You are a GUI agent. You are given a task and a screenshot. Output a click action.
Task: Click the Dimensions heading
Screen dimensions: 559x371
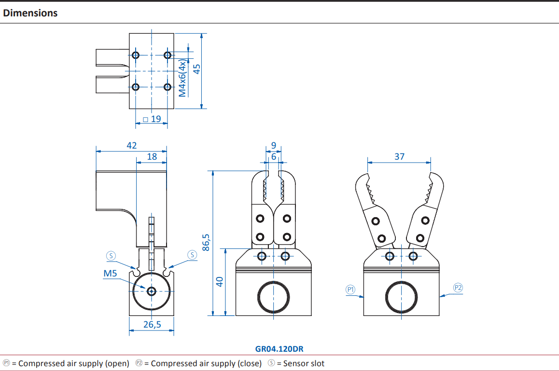(30, 13)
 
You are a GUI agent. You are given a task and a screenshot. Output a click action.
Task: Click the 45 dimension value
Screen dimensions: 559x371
(196, 69)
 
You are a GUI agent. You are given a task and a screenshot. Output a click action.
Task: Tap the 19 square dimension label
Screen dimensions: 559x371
(152, 119)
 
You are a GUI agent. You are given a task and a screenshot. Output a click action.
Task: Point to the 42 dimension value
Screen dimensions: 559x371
(132, 145)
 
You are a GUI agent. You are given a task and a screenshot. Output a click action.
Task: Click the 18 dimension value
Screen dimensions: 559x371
(152, 156)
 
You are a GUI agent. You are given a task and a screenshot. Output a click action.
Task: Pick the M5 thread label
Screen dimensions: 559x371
(110, 274)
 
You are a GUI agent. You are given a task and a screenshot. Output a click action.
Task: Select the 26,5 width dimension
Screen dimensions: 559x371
(152, 324)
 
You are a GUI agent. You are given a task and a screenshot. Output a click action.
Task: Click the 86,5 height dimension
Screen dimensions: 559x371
(206, 242)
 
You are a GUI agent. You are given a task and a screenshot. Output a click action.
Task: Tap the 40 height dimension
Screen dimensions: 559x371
(219, 282)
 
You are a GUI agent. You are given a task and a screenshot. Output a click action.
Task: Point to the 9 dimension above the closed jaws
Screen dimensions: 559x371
(273, 145)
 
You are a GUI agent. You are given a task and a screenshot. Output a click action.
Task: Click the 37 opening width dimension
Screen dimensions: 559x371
(399, 156)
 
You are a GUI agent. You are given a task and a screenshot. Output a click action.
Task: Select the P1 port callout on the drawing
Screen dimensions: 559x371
(350, 289)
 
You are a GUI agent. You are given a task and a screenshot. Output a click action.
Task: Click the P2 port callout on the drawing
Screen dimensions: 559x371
(458, 288)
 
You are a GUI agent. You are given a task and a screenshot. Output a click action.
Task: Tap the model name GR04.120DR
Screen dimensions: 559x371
(279, 349)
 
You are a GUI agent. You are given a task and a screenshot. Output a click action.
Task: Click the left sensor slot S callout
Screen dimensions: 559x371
(111, 256)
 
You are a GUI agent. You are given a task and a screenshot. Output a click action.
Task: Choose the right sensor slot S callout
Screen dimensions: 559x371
(192, 255)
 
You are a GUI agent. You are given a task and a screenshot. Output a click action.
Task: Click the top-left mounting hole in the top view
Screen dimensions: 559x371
(136, 55)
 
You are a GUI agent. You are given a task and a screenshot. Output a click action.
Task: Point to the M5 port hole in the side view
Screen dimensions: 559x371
(152, 291)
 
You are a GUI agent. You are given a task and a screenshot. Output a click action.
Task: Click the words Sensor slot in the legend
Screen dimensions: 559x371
(304, 363)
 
